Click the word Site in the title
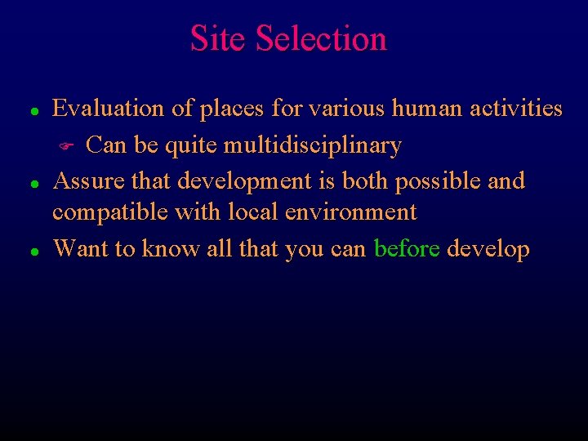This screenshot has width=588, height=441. click(x=218, y=38)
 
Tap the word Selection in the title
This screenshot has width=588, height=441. click(x=321, y=38)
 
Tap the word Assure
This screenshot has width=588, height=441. click(x=85, y=180)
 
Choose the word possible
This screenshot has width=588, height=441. click(x=440, y=180)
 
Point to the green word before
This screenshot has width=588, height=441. click(x=407, y=248)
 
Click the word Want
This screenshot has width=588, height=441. click(x=79, y=248)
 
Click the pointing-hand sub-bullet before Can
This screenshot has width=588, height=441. click(x=69, y=147)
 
